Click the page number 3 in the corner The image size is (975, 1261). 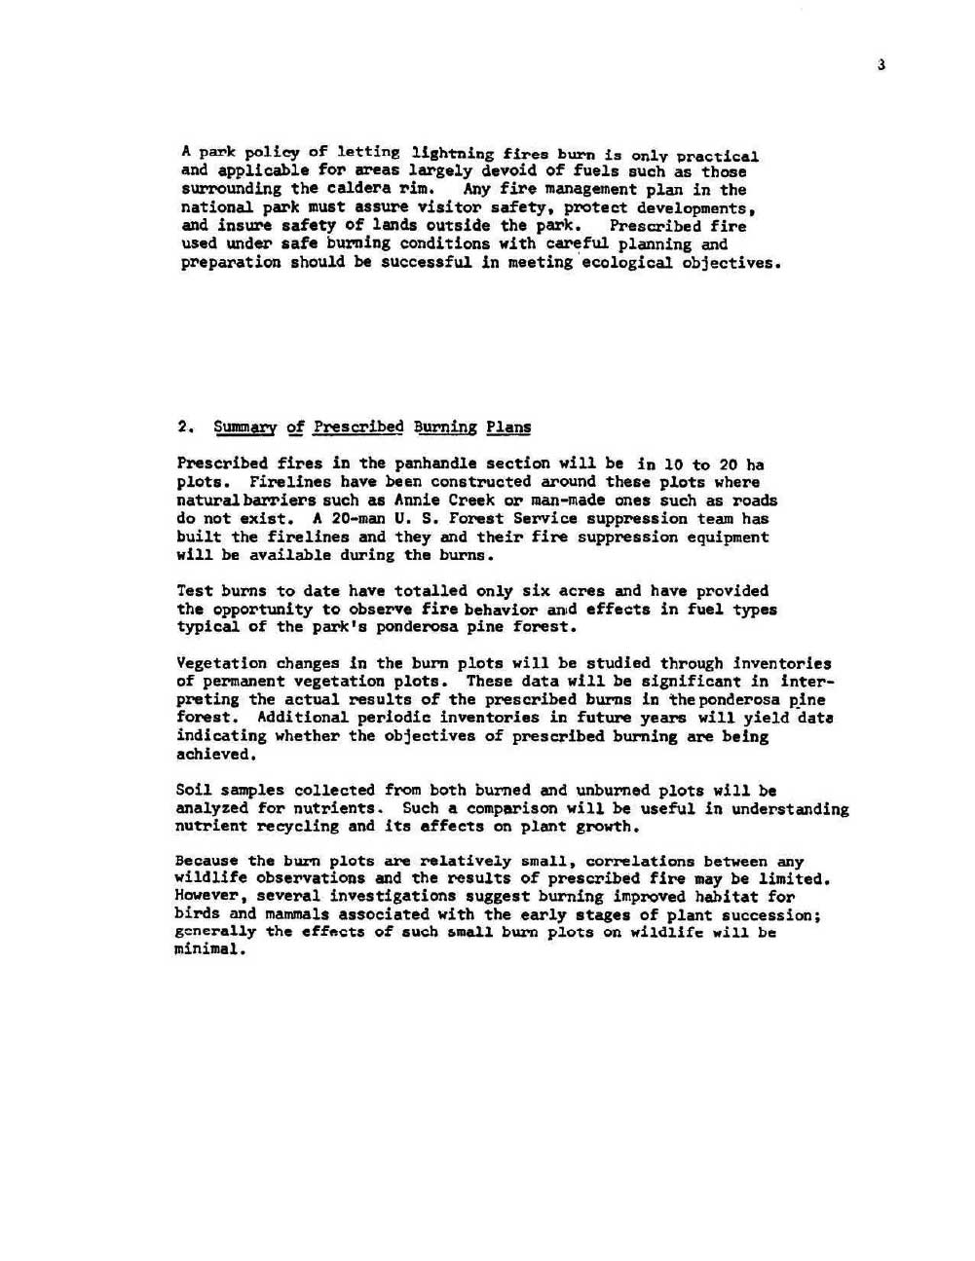pos(881,65)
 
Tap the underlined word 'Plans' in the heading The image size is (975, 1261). pos(508,427)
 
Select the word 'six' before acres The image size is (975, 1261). pos(536,591)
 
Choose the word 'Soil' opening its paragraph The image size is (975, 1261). pos(194,791)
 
